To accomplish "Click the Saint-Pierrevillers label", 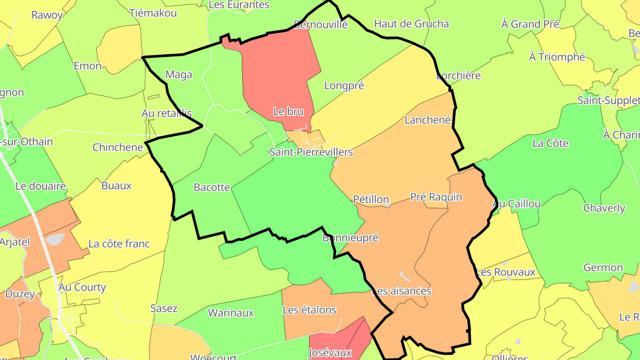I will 311,152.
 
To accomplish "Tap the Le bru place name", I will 288,112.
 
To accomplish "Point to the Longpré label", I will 344,85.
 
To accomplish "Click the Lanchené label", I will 428,120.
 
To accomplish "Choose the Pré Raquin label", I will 436,196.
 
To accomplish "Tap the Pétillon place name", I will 371,200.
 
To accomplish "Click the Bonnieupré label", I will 350,237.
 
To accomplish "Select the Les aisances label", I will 401,291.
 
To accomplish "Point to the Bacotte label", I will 212,187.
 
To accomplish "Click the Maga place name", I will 179,74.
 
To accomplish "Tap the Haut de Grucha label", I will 412,24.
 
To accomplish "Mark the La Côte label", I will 550,143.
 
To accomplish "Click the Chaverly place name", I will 604,208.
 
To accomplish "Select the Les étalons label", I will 309,310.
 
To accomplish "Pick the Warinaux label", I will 231,312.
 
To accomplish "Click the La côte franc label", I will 119,244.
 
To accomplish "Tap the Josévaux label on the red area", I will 330,353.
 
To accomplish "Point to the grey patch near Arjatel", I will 55,239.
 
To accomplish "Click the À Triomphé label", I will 557,57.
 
